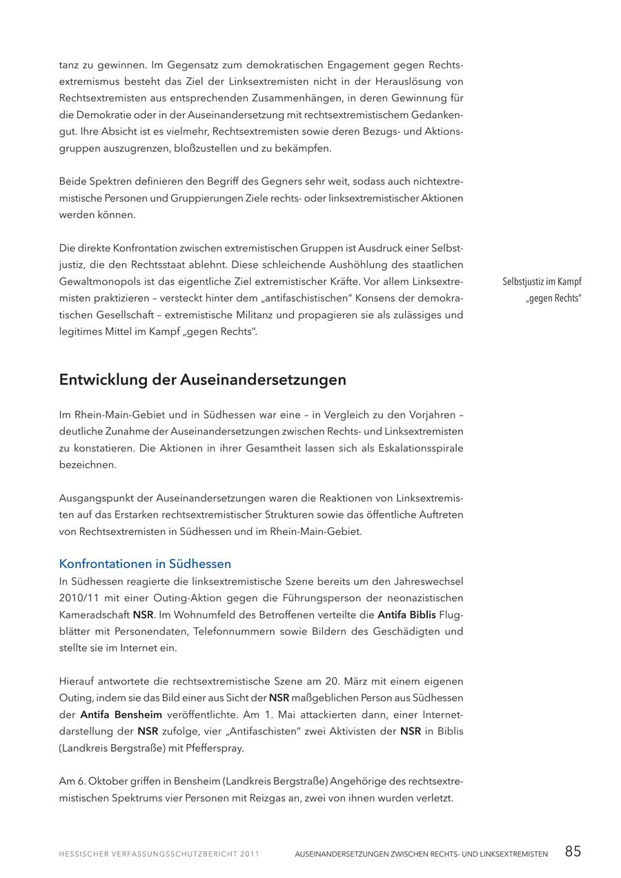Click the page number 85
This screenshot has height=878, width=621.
tap(573, 851)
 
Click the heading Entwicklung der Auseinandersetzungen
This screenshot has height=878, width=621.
tap(202, 380)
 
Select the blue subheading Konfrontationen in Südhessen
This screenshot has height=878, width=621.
tap(145, 563)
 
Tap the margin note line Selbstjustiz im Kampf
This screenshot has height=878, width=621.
tap(542, 282)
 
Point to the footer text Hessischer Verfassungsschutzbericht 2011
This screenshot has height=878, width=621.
tap(159, 854)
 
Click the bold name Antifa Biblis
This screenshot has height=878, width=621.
tap(406, 614)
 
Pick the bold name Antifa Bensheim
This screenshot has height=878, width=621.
tap(121, 714)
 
